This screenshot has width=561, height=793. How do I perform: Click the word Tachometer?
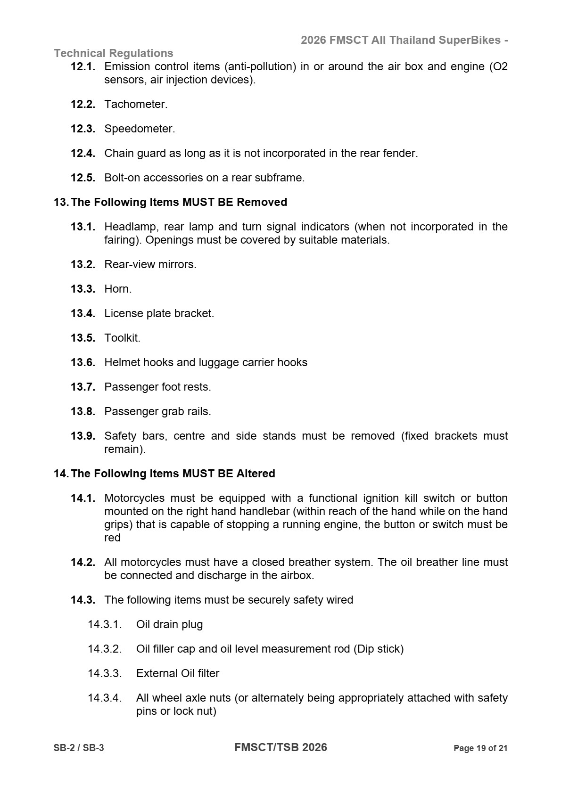pos(136,104)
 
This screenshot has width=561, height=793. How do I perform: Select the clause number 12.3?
pos(83,129)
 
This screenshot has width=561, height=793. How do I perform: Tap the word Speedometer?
pos(140,129)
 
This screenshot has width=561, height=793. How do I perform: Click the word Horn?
pos(118,289)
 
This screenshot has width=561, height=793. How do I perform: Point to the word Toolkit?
pos(122,338)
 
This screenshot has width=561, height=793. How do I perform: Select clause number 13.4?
pos(83,313)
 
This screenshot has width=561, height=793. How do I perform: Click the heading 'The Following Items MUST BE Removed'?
pos(179,202)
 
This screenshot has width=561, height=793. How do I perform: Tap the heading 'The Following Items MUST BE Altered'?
pos(173,474)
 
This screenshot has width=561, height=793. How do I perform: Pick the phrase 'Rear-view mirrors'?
pos(150,264)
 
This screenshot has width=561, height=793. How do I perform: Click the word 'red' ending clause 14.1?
pos(112,538)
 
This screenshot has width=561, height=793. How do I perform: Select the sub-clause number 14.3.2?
pos(105,649)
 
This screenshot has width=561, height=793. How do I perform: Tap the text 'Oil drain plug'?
pos(169,624)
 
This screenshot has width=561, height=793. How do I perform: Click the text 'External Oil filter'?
pos(178,673)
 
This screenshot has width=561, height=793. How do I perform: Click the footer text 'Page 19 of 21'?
pos(480,748)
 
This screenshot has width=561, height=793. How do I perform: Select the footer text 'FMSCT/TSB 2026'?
pos(280,747)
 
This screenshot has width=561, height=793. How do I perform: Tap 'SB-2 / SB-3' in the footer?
pos(79,748)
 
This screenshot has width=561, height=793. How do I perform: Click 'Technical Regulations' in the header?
pos(114,53)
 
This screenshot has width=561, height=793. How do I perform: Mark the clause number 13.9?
pos(83,436)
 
